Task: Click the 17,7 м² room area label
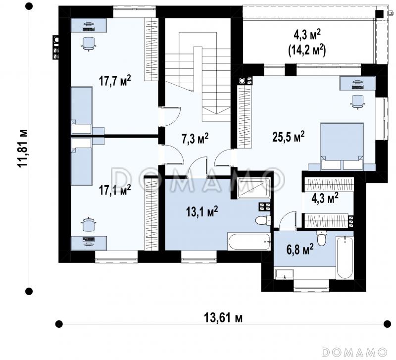(x=115, y=81)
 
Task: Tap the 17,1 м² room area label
(x=115, y=190)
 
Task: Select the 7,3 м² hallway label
(x=195, y=139)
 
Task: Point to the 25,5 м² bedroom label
(x=289, y=137)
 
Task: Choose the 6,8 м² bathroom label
(x=300, y=250)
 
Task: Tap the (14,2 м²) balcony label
(x=307, y=50)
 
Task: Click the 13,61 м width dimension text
(x=223, y=317)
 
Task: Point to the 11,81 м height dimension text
(x=22, y=148)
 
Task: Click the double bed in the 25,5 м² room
(x=342, y=146)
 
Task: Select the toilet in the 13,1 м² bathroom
(x=263, y=220)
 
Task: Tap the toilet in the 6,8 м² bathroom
(x=321, y=238)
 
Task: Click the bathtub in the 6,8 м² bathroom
(x=345, y=257)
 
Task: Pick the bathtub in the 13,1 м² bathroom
(x=249, y=242)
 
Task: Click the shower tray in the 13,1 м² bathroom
(x=254, y=188)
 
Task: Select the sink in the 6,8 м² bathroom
(x=285, y=274)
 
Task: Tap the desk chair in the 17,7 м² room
(x=89, y=44)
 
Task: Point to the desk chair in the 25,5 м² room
(x=357, y=102)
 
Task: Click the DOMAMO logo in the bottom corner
(x=354, y=352)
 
